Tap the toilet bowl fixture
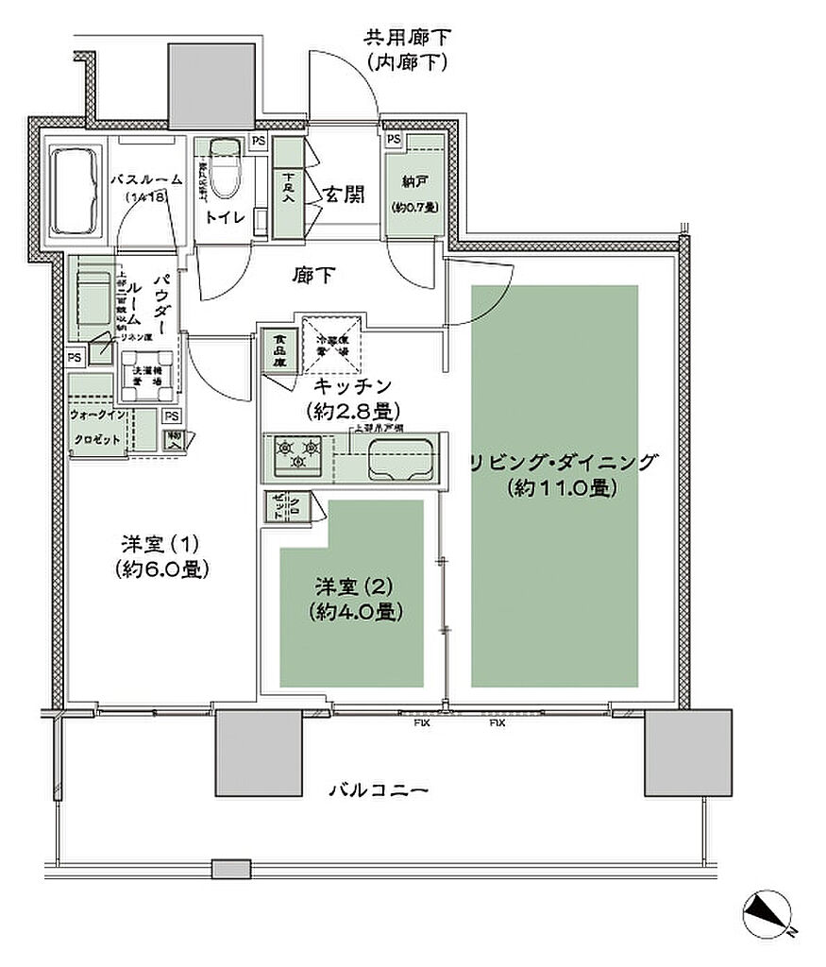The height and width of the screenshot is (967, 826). [x=224, y=168]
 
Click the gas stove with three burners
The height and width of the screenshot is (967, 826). [x=295, y=455]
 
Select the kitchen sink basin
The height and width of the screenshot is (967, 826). [x=398, y=459]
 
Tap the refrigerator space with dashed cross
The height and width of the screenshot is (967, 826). [x=329, y=345]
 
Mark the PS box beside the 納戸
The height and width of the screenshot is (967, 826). [x=394, y=140]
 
